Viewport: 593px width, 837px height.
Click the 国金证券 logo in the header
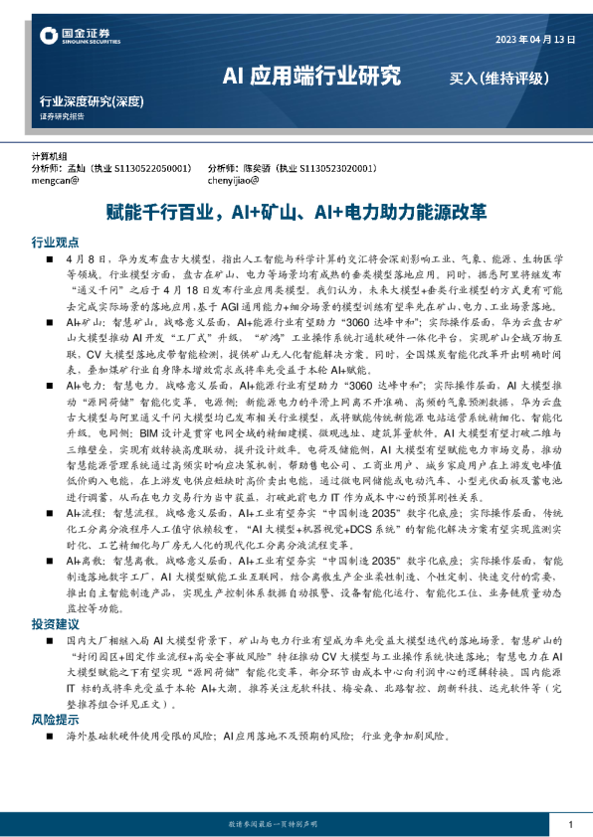[x=71, y=38]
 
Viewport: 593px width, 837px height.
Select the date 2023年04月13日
[x=535, y=39]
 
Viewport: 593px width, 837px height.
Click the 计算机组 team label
[x=49, y=156]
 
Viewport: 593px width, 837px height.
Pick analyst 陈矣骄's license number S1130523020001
[x=337, y=169]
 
